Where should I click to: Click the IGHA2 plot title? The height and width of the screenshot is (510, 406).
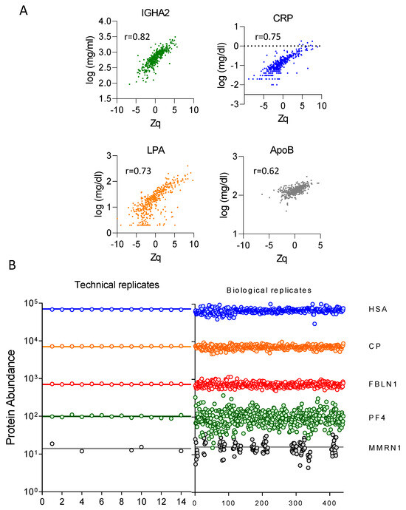(x=155, y=13)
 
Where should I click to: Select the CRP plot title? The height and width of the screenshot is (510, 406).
(x=283, y=18)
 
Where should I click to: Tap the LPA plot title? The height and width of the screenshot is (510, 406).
(x=156, y=150)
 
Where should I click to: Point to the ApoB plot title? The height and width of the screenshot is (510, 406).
(x=282, y=150)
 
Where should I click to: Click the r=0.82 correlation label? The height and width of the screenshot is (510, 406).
(x=137, y=37)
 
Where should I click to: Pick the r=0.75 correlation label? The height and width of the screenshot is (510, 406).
(x=268, y=37)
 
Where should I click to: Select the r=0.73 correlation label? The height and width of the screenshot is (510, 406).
(x=138, y=171)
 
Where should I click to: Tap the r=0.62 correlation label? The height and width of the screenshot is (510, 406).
(x=266, y=171)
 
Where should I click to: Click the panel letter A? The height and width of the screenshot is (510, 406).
(x=24, y=10)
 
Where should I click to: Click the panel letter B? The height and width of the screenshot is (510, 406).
(x=12, y=265)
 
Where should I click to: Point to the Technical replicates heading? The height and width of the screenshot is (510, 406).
(x=117, y=285)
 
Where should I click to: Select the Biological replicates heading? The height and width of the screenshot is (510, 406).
(x=269, y=290)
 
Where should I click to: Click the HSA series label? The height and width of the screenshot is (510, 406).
(x=378, y=309)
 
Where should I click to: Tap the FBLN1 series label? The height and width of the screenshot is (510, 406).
(x=383, y=384)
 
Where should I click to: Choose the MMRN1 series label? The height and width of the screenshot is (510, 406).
(x=385, y=448)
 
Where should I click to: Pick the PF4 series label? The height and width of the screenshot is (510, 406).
(x=377, y=418)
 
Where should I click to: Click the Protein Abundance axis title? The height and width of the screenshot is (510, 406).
(x=11, y=398)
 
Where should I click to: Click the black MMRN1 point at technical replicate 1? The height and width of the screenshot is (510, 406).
(x=52, y=443)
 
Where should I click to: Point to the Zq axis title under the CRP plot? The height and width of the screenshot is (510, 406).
(x=283, y=119)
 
